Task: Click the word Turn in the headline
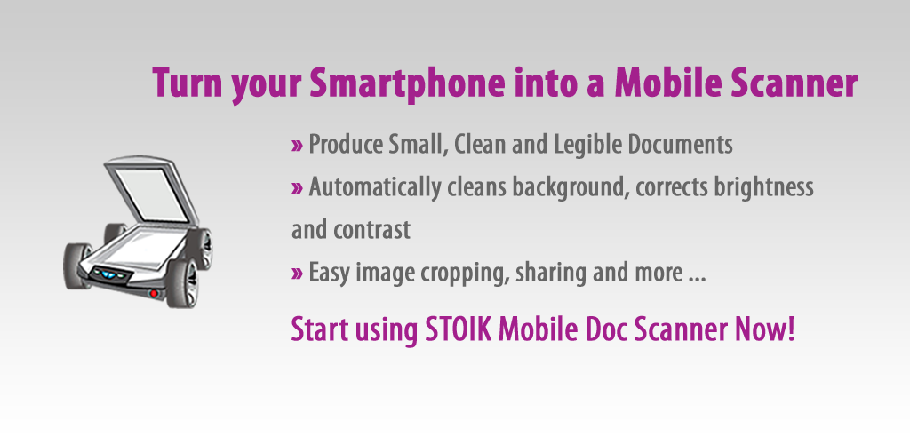click(187, 83)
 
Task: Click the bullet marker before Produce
click(297, 146)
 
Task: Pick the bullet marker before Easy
click(297, 274)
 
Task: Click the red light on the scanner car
click(153, 293)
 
